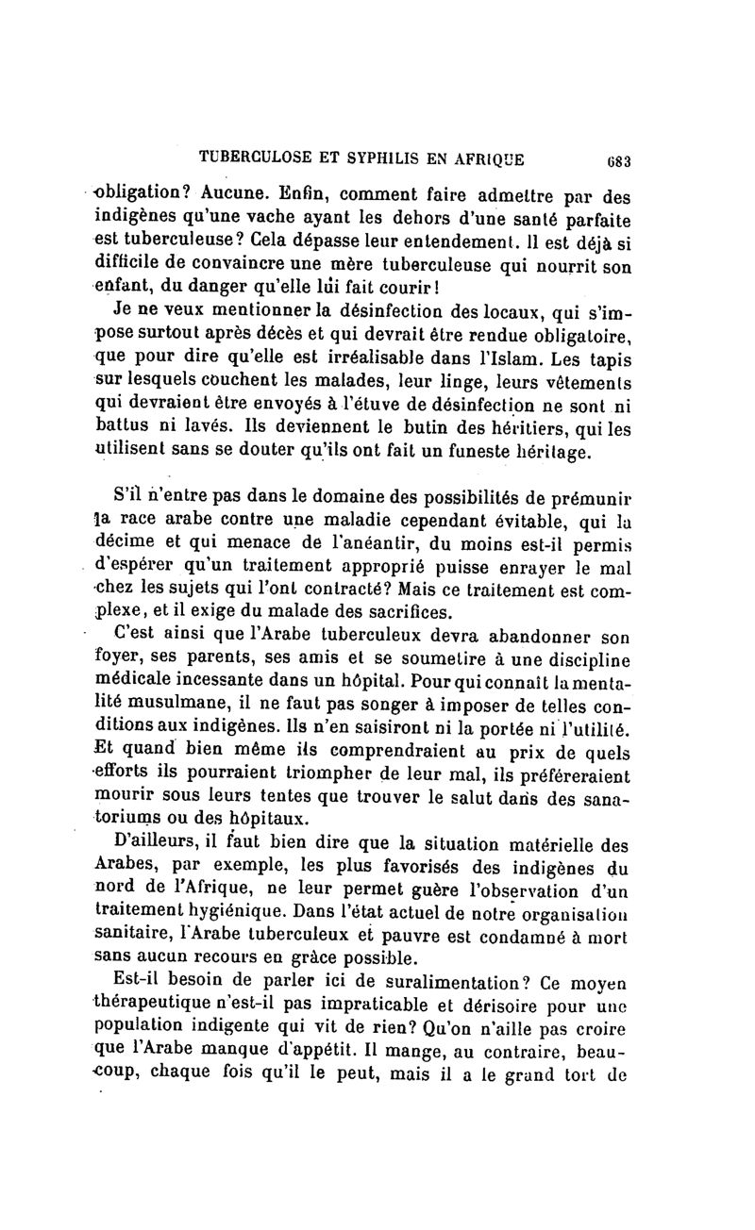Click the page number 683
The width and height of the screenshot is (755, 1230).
(619, 160)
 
